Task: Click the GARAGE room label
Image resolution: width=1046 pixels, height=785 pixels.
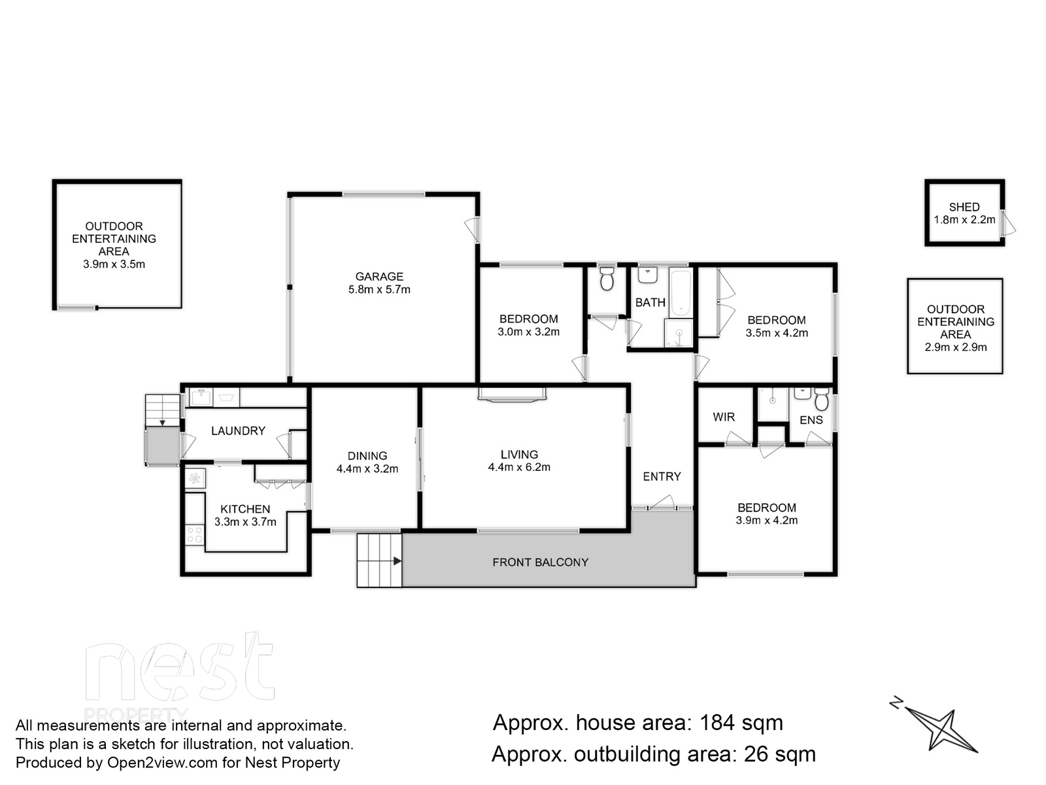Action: [379, 277]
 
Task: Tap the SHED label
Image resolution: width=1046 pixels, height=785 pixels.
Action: [964, 207]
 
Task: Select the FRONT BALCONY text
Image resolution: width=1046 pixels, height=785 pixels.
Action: [541, 563]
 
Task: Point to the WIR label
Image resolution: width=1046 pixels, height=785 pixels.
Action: [724, 417]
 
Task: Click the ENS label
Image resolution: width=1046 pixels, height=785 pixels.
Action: [811, 420]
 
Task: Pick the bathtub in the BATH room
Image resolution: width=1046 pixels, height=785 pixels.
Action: [680, 292]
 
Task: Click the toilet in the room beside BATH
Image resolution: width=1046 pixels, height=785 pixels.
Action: [607, 279]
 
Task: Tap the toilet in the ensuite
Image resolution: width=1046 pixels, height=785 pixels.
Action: [822, 399]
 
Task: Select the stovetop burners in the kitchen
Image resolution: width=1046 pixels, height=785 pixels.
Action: [194, 534]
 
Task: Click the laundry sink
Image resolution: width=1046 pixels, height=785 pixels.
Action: [201, 397]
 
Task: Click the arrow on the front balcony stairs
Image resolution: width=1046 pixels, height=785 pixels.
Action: [397, 561]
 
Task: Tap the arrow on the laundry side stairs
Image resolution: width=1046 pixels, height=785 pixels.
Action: [163, 423]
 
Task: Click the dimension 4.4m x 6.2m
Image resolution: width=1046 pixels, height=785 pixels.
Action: [519, 467]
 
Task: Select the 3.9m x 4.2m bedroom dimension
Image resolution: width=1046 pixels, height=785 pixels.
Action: [766, 520]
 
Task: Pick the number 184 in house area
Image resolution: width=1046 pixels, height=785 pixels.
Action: [717, 722]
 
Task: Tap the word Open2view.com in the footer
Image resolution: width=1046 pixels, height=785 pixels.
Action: [163, 763]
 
